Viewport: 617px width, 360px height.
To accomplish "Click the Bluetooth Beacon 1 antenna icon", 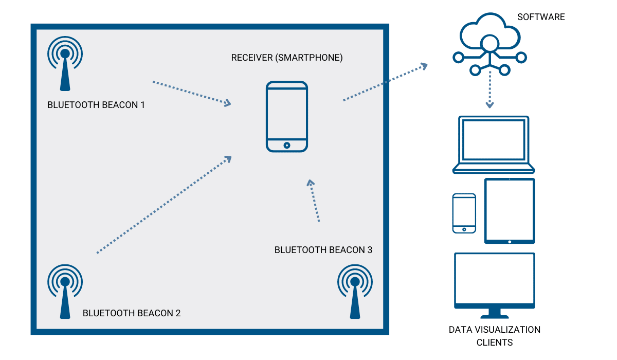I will coord(65,64).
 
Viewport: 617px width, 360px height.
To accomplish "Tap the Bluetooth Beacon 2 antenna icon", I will coord(65,291).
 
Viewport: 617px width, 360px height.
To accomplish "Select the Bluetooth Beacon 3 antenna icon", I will coord(355,291).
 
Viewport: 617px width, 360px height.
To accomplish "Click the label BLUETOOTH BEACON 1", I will coord(96,105).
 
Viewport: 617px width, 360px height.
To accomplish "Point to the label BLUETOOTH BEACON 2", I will coord(132,313).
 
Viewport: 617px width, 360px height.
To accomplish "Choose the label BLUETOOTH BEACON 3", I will coord(323,250).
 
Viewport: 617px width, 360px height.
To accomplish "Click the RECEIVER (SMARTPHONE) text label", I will coord(287,58).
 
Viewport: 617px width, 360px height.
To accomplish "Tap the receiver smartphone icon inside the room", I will coord(287,117).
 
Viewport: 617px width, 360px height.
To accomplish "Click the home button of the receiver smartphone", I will coord(287,146).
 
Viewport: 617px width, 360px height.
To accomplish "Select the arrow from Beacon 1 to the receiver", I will coord(191,93).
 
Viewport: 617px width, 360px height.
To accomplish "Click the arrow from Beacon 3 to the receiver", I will coord(314,201).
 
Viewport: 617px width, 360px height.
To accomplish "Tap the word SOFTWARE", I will coord(541,17).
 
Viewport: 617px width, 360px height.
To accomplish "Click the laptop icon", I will coord(494,145).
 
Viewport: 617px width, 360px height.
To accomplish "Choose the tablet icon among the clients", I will coord(510,211).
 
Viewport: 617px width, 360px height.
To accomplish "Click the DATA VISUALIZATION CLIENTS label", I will coord(495,336).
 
